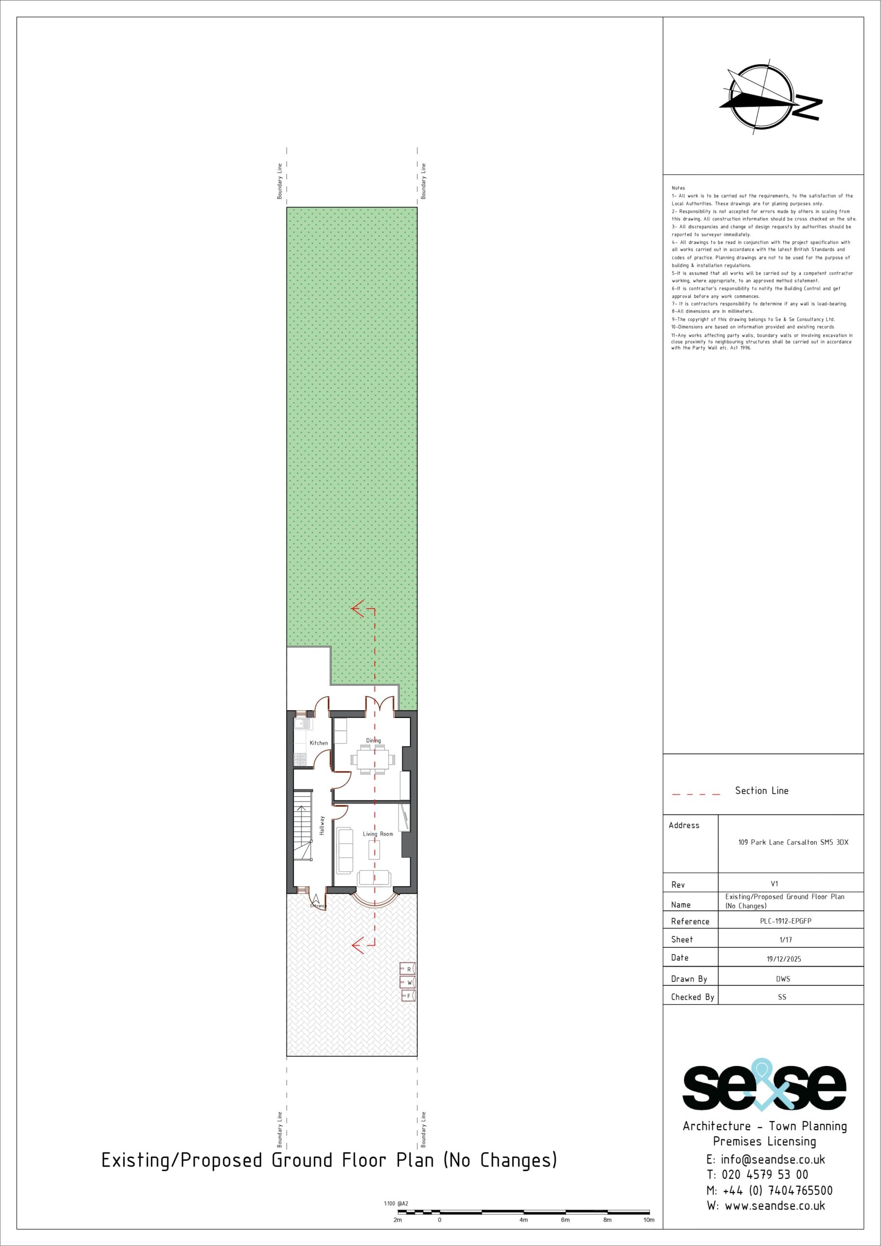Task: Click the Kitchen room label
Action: pyautogui.click(x=319, y=743)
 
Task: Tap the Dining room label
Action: pyautogui.click(x=373, y=740)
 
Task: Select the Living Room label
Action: pyautogui.click(x=378, y=834)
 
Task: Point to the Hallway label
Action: pyautogui.click(x=322, y=825)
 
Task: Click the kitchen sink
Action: pyautogui.click(x=302, y=723)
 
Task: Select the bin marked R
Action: pyautogui.click(x=408, y=969)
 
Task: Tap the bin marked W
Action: pyautogui.click(x=408, y=982)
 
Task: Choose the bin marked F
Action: pyautogui.click(x=408, y=995)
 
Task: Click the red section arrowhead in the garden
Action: pyautogui.click(x=358, y=609)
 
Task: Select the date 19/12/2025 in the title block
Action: pyautogui.click(x=783, y=959)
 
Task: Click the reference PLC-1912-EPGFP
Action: pyautogui.click(x=786, y=921)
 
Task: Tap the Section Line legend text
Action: pyautogui.click(x=762, y=791)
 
